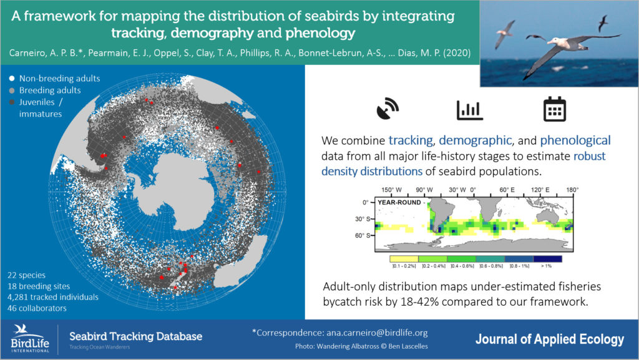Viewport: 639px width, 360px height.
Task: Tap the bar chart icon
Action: point(469,109)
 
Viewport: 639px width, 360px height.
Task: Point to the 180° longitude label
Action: point(572,190)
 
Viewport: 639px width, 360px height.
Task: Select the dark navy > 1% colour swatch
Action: point(547,258)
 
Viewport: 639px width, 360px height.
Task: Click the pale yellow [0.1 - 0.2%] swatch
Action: point(404,258)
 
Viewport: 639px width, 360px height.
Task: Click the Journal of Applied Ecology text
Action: point(549,339)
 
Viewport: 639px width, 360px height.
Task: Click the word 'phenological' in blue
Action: point(575,140)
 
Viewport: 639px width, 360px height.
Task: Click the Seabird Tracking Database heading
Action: point(135,336)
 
